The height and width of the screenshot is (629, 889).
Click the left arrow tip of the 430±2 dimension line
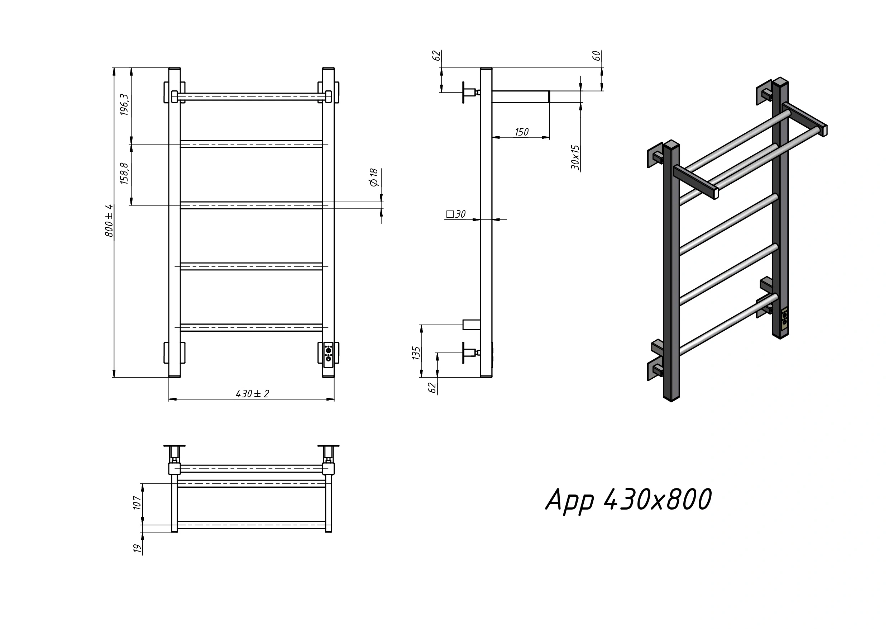pyautogui.click(x=169, y=398)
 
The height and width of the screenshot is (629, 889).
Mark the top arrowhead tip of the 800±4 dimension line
pyautogui.click(x=114, y=68)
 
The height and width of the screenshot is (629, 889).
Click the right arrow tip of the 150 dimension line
pyautogui.click(x=549, y=137)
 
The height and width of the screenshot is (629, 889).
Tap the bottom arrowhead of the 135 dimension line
pyautogui.click(x=421, y=377)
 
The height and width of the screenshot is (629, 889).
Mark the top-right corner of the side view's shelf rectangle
pyautogui.click(x=549, y=91)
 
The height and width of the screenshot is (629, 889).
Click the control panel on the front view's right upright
pyautogui.click(x=328, y=353)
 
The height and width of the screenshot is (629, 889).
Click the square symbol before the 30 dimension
pyautogui.click(x=450, y=214)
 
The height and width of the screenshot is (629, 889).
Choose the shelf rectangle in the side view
pyautogui.click(x=521, y=97)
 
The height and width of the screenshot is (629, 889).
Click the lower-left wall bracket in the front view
pyautogui.click(x=174, y=353)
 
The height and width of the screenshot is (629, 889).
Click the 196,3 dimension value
pyautogui.click(x=124, y=105)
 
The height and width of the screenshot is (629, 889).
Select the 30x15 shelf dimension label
pyautogui.click(x=575, y=157)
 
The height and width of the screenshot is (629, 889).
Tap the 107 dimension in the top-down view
pyautogui.click(x=138, y=503)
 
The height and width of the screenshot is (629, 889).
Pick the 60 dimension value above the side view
pyautogui.click(x=597, y=56)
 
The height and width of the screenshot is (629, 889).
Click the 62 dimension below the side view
pyautogui.click(x=432, y=388)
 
